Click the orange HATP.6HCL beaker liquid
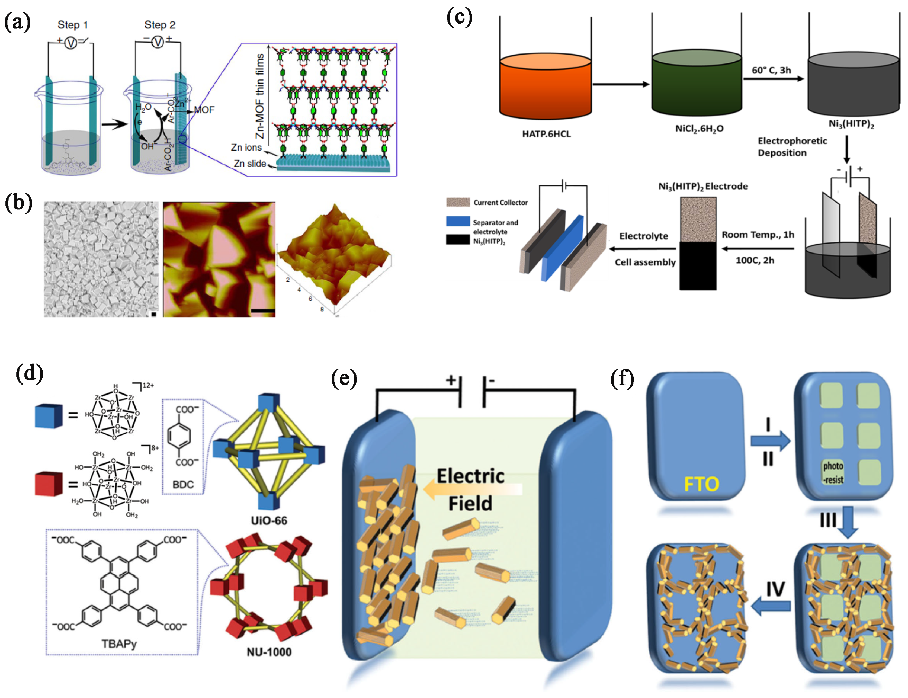[545, 89]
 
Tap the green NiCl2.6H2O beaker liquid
[697, 85]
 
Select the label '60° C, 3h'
[771, 70]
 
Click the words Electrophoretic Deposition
[791, 147]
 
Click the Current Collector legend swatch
[458, 202]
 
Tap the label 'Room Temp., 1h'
[757, 235]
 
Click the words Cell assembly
[645, 262]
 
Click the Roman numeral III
[827, 520]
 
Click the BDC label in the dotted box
[183, 484]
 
